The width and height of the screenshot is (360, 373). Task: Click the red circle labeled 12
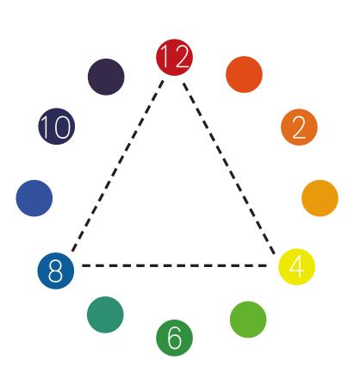(174, 58)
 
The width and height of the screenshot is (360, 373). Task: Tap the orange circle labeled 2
(299, 127)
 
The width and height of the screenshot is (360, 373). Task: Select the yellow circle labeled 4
(297, 267)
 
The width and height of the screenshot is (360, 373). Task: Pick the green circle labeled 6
(174, 338)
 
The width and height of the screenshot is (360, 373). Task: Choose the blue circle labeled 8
(56, 270)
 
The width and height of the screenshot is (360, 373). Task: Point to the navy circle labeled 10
(57, 127)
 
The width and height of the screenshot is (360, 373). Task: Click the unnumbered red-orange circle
(244, 74)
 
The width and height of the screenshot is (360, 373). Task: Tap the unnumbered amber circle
(320, 198)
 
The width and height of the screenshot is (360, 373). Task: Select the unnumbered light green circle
(248, 320)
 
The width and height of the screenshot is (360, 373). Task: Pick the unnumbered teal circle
(105, 314)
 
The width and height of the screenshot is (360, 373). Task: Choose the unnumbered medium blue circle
(34, 198)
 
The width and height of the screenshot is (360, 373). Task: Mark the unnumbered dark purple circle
(106, 77)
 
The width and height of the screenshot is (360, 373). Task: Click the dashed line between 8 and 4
(174, 265)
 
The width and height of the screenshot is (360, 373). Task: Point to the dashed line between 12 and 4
(229, 169)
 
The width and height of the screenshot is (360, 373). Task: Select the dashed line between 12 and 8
(118, 166)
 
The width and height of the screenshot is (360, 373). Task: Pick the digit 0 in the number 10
(63, 127)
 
